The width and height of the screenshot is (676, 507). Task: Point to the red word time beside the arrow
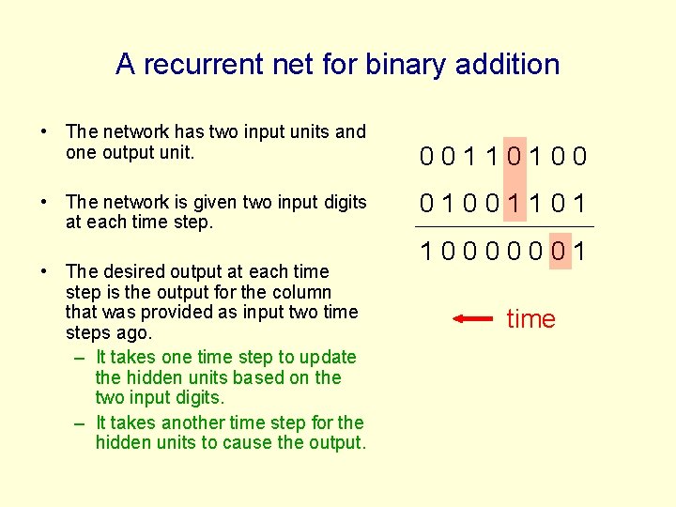click(530, 319)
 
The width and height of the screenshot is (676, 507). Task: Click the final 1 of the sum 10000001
click(582, 252)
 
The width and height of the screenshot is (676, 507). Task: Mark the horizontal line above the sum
click(505, 226)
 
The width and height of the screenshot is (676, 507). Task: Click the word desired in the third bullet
click(129, 271)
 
